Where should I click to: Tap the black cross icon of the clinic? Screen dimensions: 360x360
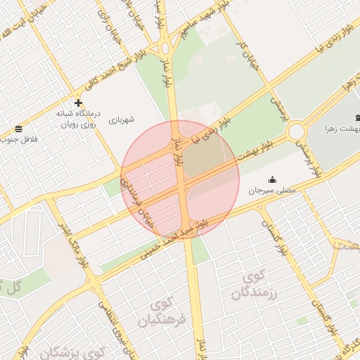78,103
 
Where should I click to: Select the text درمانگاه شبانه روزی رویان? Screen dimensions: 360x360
79,118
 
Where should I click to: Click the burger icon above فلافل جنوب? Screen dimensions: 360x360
18,129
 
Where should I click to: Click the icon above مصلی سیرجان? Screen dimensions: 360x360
273,180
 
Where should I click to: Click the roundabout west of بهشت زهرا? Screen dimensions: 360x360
296,131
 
